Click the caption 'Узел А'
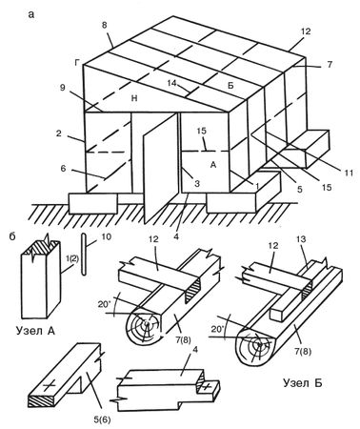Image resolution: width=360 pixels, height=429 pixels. click(x=35, y=331)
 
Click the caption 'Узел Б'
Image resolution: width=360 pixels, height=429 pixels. click(x=302, y=383)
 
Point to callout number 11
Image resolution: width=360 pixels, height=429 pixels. click(x=349, y=173)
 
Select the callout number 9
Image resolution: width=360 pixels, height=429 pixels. click(x=62, y=88)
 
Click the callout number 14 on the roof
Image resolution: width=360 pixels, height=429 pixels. click(x=173, y=84)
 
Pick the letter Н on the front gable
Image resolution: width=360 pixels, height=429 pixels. click(x=134, y=98)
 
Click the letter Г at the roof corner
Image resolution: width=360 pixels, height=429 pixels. click(x=76, y=63)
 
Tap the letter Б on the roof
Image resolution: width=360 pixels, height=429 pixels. click(x=230, y=86)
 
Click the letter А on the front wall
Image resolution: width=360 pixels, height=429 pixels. click(x=213, y=164)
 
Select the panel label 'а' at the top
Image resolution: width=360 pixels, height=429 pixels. click(x=30, y=14)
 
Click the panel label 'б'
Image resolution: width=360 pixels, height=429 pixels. click(x=11, y=236)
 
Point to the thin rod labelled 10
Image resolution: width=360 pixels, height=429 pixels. click(x=84, y=255)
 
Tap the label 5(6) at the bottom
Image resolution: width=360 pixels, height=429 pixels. click(x=103, y=419)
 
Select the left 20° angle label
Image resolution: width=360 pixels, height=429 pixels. click(x=103, y=298)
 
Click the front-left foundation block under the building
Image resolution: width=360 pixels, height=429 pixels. click(x=93, y=203)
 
